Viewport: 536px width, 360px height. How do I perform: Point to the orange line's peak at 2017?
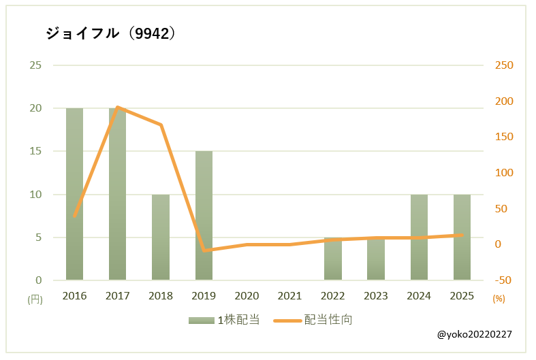(118, 107)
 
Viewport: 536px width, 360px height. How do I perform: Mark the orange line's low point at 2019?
(204, 250)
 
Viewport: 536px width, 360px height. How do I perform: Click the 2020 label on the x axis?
(247, 295)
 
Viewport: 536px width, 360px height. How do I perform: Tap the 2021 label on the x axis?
(290, 295)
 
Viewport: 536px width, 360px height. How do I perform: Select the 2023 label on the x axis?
(376, 295)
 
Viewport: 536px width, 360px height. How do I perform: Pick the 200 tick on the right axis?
(503, 101)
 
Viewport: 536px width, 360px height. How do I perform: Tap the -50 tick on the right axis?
(503, 280)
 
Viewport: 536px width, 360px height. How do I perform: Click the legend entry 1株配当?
(225, 319)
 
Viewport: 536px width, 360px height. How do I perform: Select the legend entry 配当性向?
(313, 319)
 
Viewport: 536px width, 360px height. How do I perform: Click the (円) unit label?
(35, 299)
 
